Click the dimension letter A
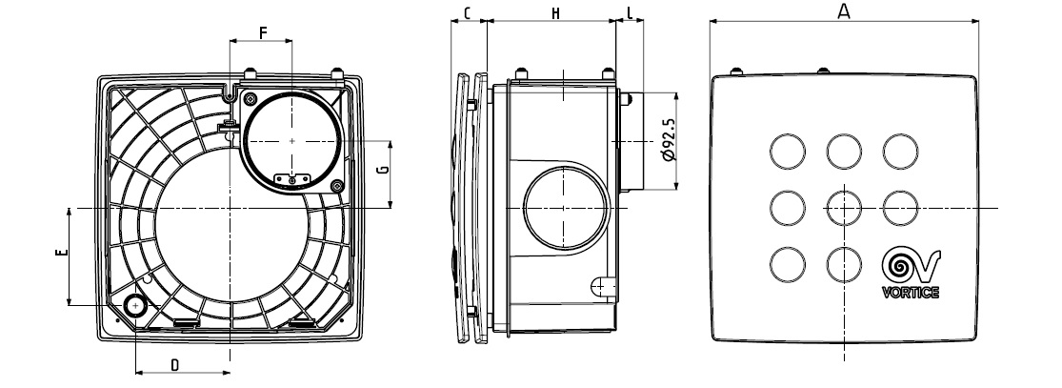point(843,11)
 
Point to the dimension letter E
point(60,254)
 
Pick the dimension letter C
point(467,13)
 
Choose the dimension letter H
point(555,13)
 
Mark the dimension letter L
point(630,13)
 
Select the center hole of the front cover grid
point(844,206)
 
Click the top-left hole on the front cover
point(786,150)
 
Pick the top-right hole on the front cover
point(900,150)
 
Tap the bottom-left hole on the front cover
point(786,262)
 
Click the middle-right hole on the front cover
point(900,206)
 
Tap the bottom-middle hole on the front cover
point(844,262)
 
